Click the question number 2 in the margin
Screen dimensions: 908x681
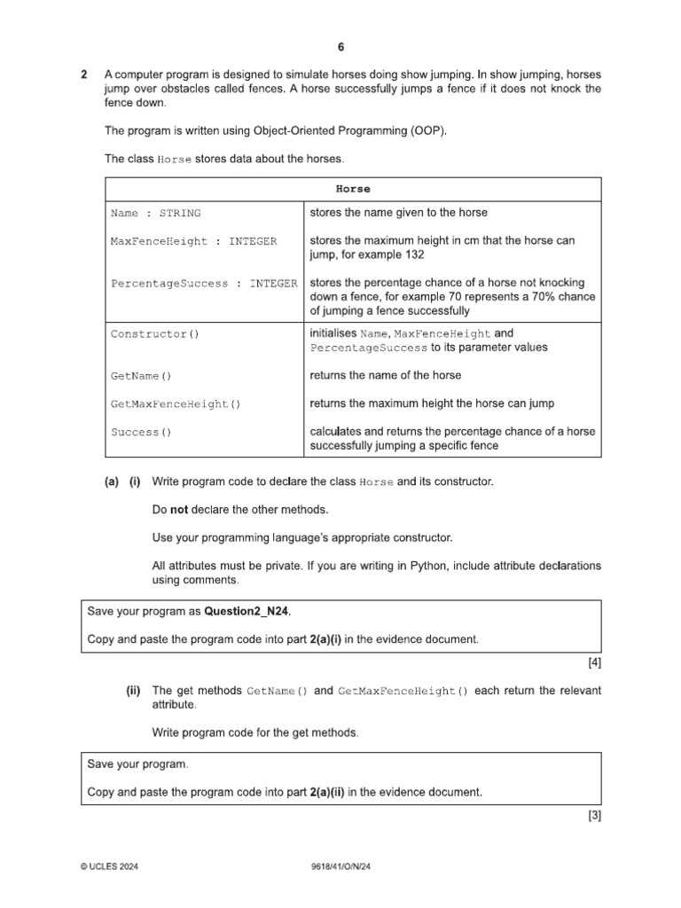(83, 75)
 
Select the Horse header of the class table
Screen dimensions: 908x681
(353, 189)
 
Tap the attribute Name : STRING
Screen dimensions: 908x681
(155, 213)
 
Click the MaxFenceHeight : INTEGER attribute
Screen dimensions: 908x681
(193, 241)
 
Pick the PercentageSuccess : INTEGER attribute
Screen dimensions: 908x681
(204, 284)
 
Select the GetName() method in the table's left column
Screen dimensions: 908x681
(141, 376)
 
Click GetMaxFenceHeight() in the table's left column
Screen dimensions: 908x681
(176, 404)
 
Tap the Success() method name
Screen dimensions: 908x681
(141, 433)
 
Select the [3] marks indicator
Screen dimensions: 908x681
(594, 818)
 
